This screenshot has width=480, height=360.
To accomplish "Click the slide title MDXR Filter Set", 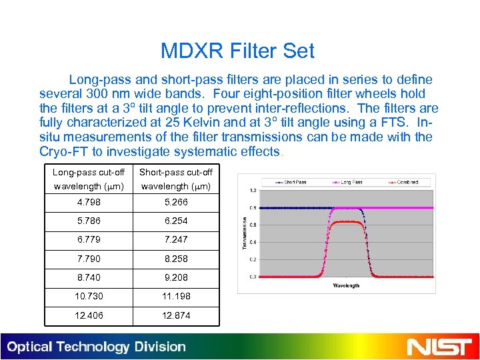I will pyautogui.click(x=237, y=51).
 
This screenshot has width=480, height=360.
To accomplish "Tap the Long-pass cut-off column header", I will pyautogui.click(x=89, y=179).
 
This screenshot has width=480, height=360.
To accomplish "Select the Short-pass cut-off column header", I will pyautogui.click(x=175, y=179).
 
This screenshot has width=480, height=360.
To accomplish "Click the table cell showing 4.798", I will pyautogui.click(x=89, y=202).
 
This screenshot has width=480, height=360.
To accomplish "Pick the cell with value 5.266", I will pyautogui.click(x=175, y=202).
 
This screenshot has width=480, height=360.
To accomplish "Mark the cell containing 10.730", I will pyautogui.click(x=89, y=296).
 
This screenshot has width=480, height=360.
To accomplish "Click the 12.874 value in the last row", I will pyautogui.click(x=175, y=315).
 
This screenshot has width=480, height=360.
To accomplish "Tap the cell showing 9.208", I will pyautogui.click(x=175, y=276).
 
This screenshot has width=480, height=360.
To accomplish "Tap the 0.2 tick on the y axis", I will pyautogui.click(x=253, y=259).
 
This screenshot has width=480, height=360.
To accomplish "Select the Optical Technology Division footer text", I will pyautogui.click(x=97, y=347).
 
